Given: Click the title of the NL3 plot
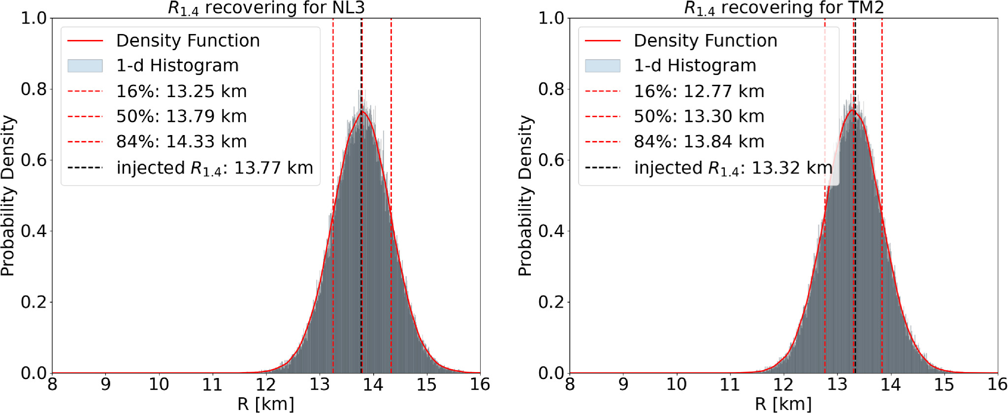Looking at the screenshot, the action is pos(266,8).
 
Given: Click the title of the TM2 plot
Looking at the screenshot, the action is pos(784,8).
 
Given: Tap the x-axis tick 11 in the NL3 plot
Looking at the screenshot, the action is pos(212,384).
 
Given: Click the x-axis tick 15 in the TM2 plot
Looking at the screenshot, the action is pos(944,384).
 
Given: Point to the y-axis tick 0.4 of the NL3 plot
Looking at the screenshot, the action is pos(33,231).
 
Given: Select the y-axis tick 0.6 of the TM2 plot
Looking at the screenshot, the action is pos(551,160).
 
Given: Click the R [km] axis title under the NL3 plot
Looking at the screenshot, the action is pos(266,404).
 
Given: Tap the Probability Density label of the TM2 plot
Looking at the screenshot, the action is pos(525,196).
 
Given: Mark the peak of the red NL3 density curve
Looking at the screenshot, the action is pos(362,111).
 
